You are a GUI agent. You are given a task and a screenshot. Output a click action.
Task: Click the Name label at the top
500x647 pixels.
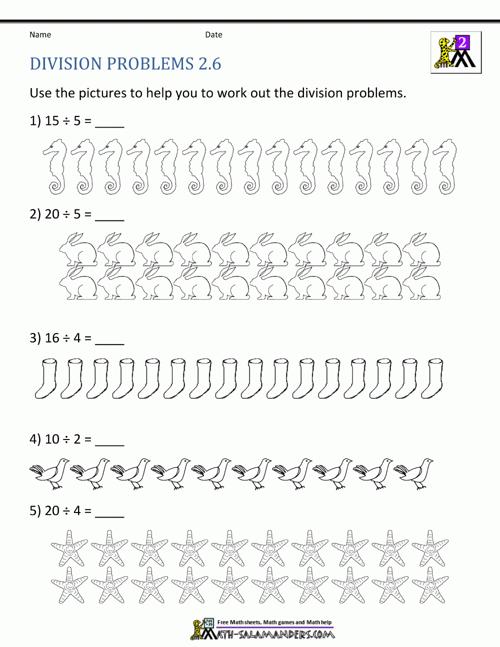point(40,34)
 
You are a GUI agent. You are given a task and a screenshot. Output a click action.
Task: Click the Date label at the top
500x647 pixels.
point(213,34)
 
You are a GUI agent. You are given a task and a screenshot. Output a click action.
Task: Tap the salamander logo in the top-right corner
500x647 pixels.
point(456,52)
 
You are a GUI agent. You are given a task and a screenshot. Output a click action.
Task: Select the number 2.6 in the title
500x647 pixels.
point(209,64)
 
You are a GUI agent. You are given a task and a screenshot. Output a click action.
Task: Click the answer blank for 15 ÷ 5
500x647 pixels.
point(109,123)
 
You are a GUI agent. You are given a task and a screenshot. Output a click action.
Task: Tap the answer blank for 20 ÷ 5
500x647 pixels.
point(109,216)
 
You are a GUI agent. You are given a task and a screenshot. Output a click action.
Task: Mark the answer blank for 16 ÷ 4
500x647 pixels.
point(109,340)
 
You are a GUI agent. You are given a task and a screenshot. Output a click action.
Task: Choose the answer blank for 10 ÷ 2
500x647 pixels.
point(109,441)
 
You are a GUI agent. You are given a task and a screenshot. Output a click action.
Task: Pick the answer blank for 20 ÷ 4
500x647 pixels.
point(109,513)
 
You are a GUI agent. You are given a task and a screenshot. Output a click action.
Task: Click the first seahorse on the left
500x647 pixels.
point(55,167)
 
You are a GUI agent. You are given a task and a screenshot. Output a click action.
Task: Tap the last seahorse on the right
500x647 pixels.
point(444,167)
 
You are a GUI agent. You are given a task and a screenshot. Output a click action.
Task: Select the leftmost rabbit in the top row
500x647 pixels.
point(77,248)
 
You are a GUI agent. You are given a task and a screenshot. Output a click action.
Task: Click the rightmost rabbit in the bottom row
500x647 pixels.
point(421,283)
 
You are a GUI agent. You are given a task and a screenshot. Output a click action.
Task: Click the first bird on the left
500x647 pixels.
point(50,472)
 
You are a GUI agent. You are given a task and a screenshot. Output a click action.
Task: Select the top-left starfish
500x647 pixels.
point(69,548)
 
